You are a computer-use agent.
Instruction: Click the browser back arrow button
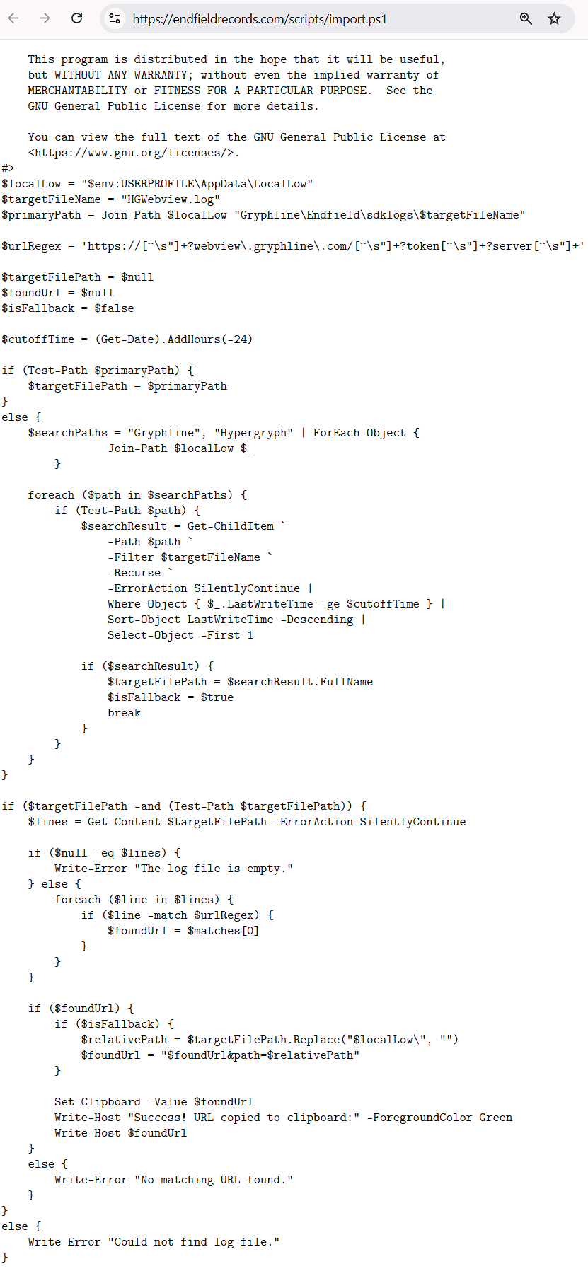click(13, 18)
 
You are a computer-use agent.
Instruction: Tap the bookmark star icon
click(554, 18)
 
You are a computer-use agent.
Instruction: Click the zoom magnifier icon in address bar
click(526, 18)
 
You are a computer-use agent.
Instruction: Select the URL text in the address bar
click(260, 19)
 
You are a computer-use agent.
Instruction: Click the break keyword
click(124, 713)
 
